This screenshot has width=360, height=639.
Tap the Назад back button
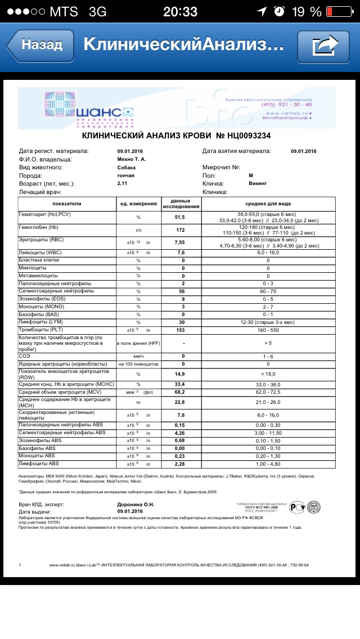(40, 44)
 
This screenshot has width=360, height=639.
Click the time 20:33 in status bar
(180, 11)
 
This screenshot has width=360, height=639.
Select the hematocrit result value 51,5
(181, 217)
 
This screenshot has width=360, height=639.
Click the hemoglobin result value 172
(181, 231)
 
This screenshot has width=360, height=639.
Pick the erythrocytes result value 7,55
(181, 242)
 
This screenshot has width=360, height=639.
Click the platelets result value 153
(181, 330)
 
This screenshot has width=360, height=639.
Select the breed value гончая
(125, 175)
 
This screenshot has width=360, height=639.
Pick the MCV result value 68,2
(181, 391)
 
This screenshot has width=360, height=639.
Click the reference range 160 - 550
(268, 330)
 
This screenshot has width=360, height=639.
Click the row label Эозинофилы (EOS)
(43, 299)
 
